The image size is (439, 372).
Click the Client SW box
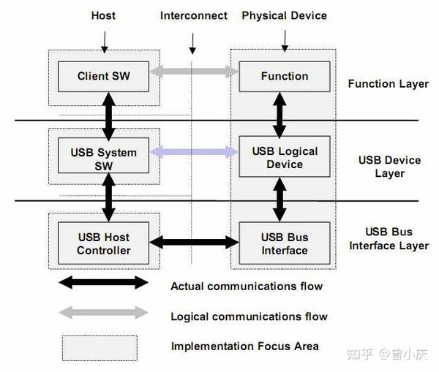(x=102, y=76)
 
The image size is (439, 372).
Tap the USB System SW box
(x=102, y=158)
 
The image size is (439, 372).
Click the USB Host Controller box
(x=102, y=243)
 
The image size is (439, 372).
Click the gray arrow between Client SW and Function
(x=194, y=72)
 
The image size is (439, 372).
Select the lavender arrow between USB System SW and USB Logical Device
(x=194, y=153)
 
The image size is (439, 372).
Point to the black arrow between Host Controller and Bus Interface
(x=194, y=242)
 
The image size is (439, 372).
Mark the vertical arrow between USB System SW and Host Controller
(x=109, y=198)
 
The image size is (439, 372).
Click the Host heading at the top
(x=103, y=15)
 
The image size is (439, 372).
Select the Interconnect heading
(x=193, y=15)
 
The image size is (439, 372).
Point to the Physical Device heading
(x=284, y=15)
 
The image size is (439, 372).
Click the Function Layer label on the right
(x=388, y=83)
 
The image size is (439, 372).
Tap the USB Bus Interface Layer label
(x=389, y=239)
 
